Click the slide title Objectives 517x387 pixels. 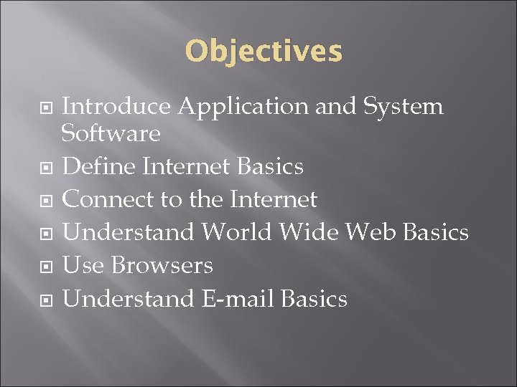point(264,52)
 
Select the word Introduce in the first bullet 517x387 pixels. point(116,107)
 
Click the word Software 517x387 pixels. point(111,133)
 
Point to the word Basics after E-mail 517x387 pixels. point(315,298)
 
